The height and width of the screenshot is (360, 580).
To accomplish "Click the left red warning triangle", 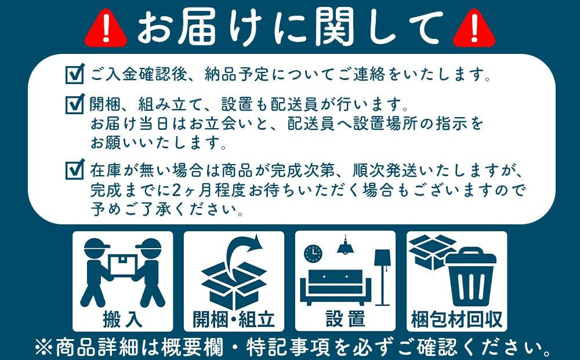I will (x=106, y=28).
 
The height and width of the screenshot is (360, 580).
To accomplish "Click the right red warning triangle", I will (x=473, y=28).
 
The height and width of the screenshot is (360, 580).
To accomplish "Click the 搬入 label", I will (x=122, y=318).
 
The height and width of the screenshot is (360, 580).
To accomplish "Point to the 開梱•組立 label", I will (x=234, y=318).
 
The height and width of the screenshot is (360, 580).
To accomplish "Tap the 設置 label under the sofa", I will (x=345, y=318).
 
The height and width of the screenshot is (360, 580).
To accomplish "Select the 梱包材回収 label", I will (x=456, y=318).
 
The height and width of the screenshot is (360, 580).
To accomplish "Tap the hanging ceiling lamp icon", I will (x=346, y=246).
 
